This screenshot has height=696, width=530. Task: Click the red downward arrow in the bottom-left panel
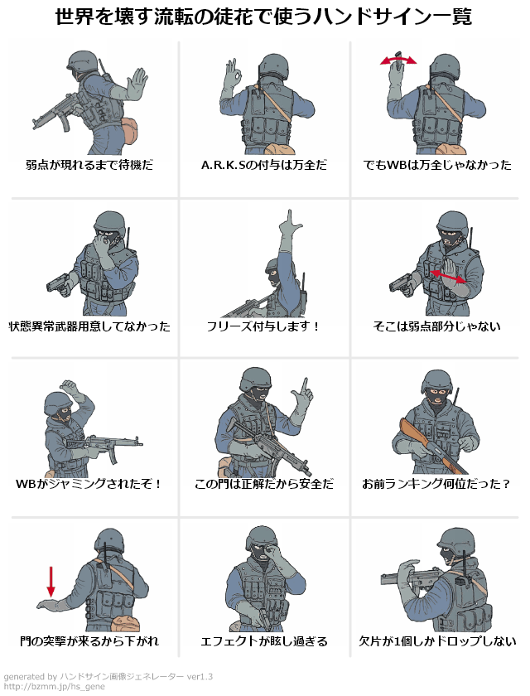(51, 582)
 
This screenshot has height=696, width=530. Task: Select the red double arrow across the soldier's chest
(448, 276)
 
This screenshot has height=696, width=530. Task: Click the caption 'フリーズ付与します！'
(263, 326)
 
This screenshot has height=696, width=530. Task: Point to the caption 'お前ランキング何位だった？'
(436, 483)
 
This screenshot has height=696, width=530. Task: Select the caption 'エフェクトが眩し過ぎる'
(264, 641)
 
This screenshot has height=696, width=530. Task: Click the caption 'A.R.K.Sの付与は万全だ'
(264, 165)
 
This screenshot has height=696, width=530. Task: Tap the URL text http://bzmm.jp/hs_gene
(54, 687)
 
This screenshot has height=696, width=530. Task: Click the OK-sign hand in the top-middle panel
(233, 73)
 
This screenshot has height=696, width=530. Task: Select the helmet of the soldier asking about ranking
(438, 383)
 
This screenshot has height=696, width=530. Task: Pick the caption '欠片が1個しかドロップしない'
(437, 641)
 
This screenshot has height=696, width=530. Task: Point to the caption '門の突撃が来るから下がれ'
(89, 641)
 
